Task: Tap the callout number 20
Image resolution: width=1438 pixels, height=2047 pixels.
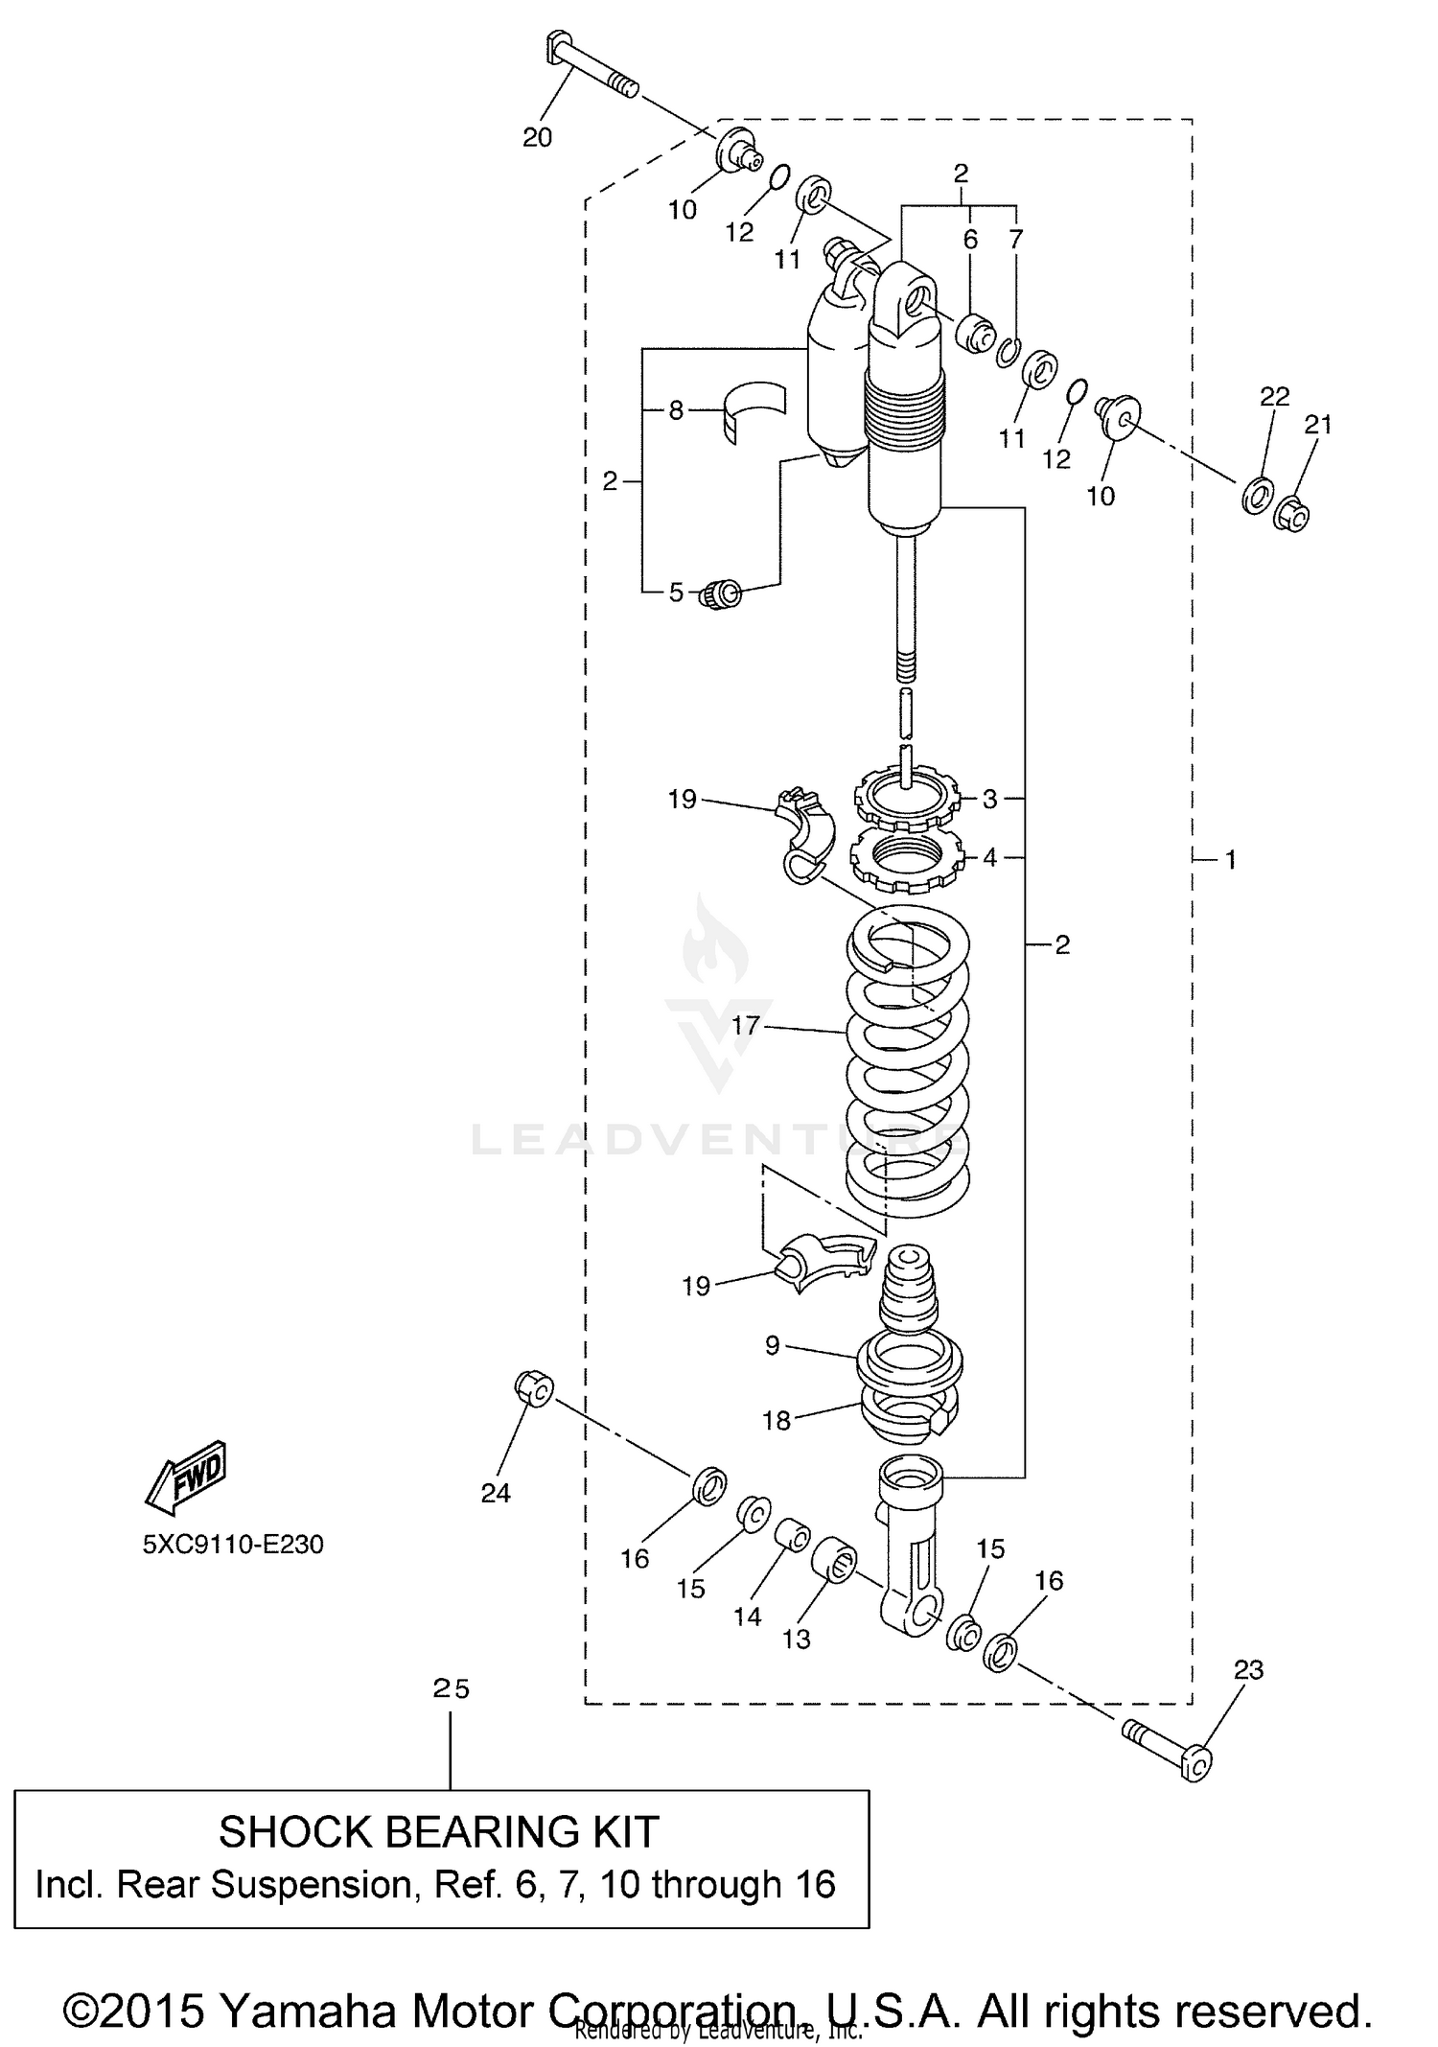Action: [537, 137]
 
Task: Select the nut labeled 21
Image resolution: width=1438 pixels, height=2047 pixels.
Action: [1293, 515]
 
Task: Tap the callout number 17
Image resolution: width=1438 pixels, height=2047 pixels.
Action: [745, 1025]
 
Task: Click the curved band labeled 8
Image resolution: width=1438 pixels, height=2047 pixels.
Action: [754, 410]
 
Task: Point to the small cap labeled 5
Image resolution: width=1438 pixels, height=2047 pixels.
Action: [722, 594]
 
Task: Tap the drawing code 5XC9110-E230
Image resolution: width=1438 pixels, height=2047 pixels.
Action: [233, 1544]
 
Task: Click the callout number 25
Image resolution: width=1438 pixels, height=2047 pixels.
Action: [450, 1688]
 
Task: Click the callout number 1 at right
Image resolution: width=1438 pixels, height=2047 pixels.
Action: [1230, 860]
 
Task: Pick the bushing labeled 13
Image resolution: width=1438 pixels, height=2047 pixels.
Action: [835, 1558]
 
